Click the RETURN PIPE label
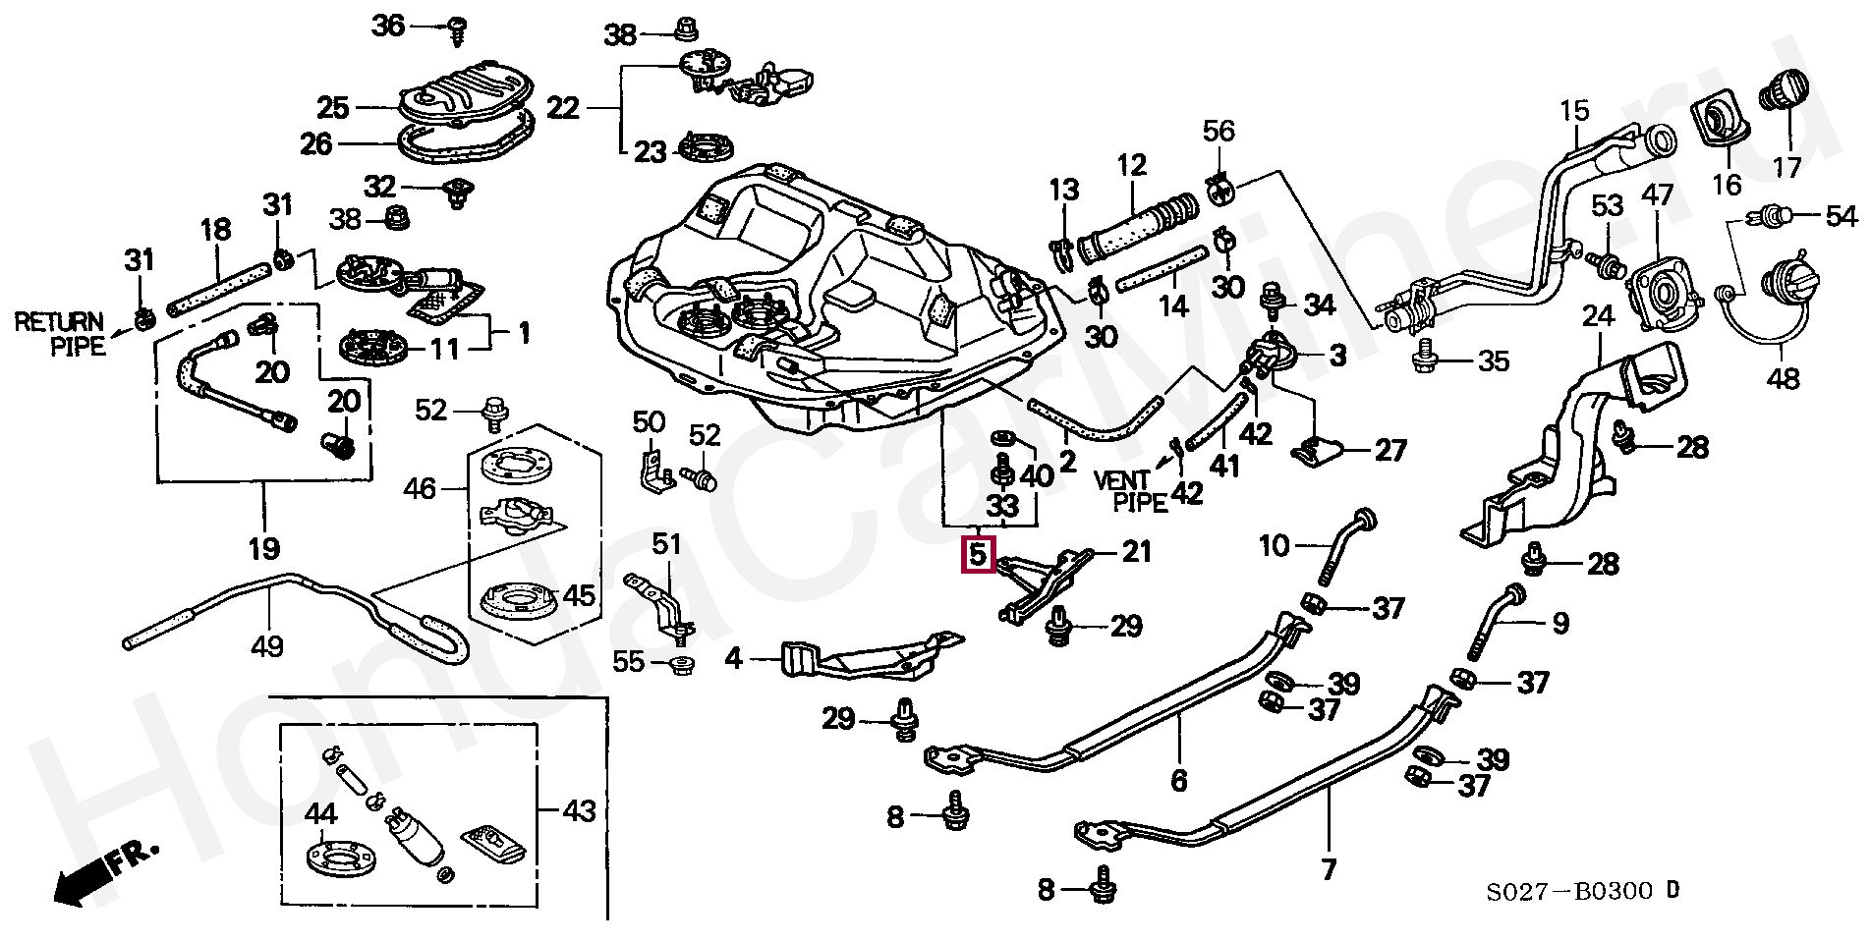coord(59,334)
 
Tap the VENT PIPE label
coord(1131,491)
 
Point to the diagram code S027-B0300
coord(1570,892)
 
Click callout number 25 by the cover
coord(333,107)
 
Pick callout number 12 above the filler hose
coord(1131,164)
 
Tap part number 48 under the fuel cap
coord(1783,377)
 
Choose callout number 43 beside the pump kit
coord(579,811)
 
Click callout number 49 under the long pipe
coord(267,646)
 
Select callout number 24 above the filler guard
coord(1599,316)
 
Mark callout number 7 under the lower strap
coord(1329,869)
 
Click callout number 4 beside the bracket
coord(734,658)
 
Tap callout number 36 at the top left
coord(388,25)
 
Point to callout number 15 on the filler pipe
coord(1573,110)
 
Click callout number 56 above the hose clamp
coord(1219,131)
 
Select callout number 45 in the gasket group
coord(578,595)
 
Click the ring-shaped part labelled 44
coord(339,857)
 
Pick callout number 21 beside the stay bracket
coord(1136,552)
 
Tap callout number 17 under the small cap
coord(1787,167)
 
